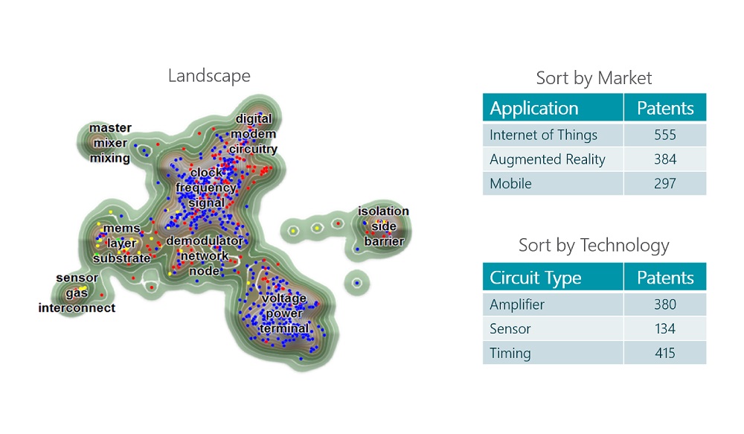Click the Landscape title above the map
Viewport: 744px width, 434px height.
tap(209, 76)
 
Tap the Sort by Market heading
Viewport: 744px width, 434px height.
tap(594, 78)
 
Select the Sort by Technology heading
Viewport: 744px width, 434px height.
tap(594, 246)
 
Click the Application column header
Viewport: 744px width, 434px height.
tap(534, 108)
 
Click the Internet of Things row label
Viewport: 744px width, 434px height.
tap(543, 135)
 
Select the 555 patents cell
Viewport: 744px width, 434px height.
tap(664, 135)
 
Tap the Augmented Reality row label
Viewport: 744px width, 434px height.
tap(548, 159)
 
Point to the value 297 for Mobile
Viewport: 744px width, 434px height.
tap(664, 183)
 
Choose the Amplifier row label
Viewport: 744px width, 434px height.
tap(517, 304)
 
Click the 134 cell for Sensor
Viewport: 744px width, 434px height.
tap(664, 328)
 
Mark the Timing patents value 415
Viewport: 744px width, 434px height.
tap(664, 353)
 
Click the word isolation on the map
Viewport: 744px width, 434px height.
tap(383, 211)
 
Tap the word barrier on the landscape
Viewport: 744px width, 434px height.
tap(384, 241)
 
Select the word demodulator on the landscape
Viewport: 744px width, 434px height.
tap(204, 241)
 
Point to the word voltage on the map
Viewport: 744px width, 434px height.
tap(284, 299)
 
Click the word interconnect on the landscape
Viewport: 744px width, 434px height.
tap(77, 307)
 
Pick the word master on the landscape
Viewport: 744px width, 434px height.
tap(110, 128)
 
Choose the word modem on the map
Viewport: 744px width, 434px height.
tap(253, 134)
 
